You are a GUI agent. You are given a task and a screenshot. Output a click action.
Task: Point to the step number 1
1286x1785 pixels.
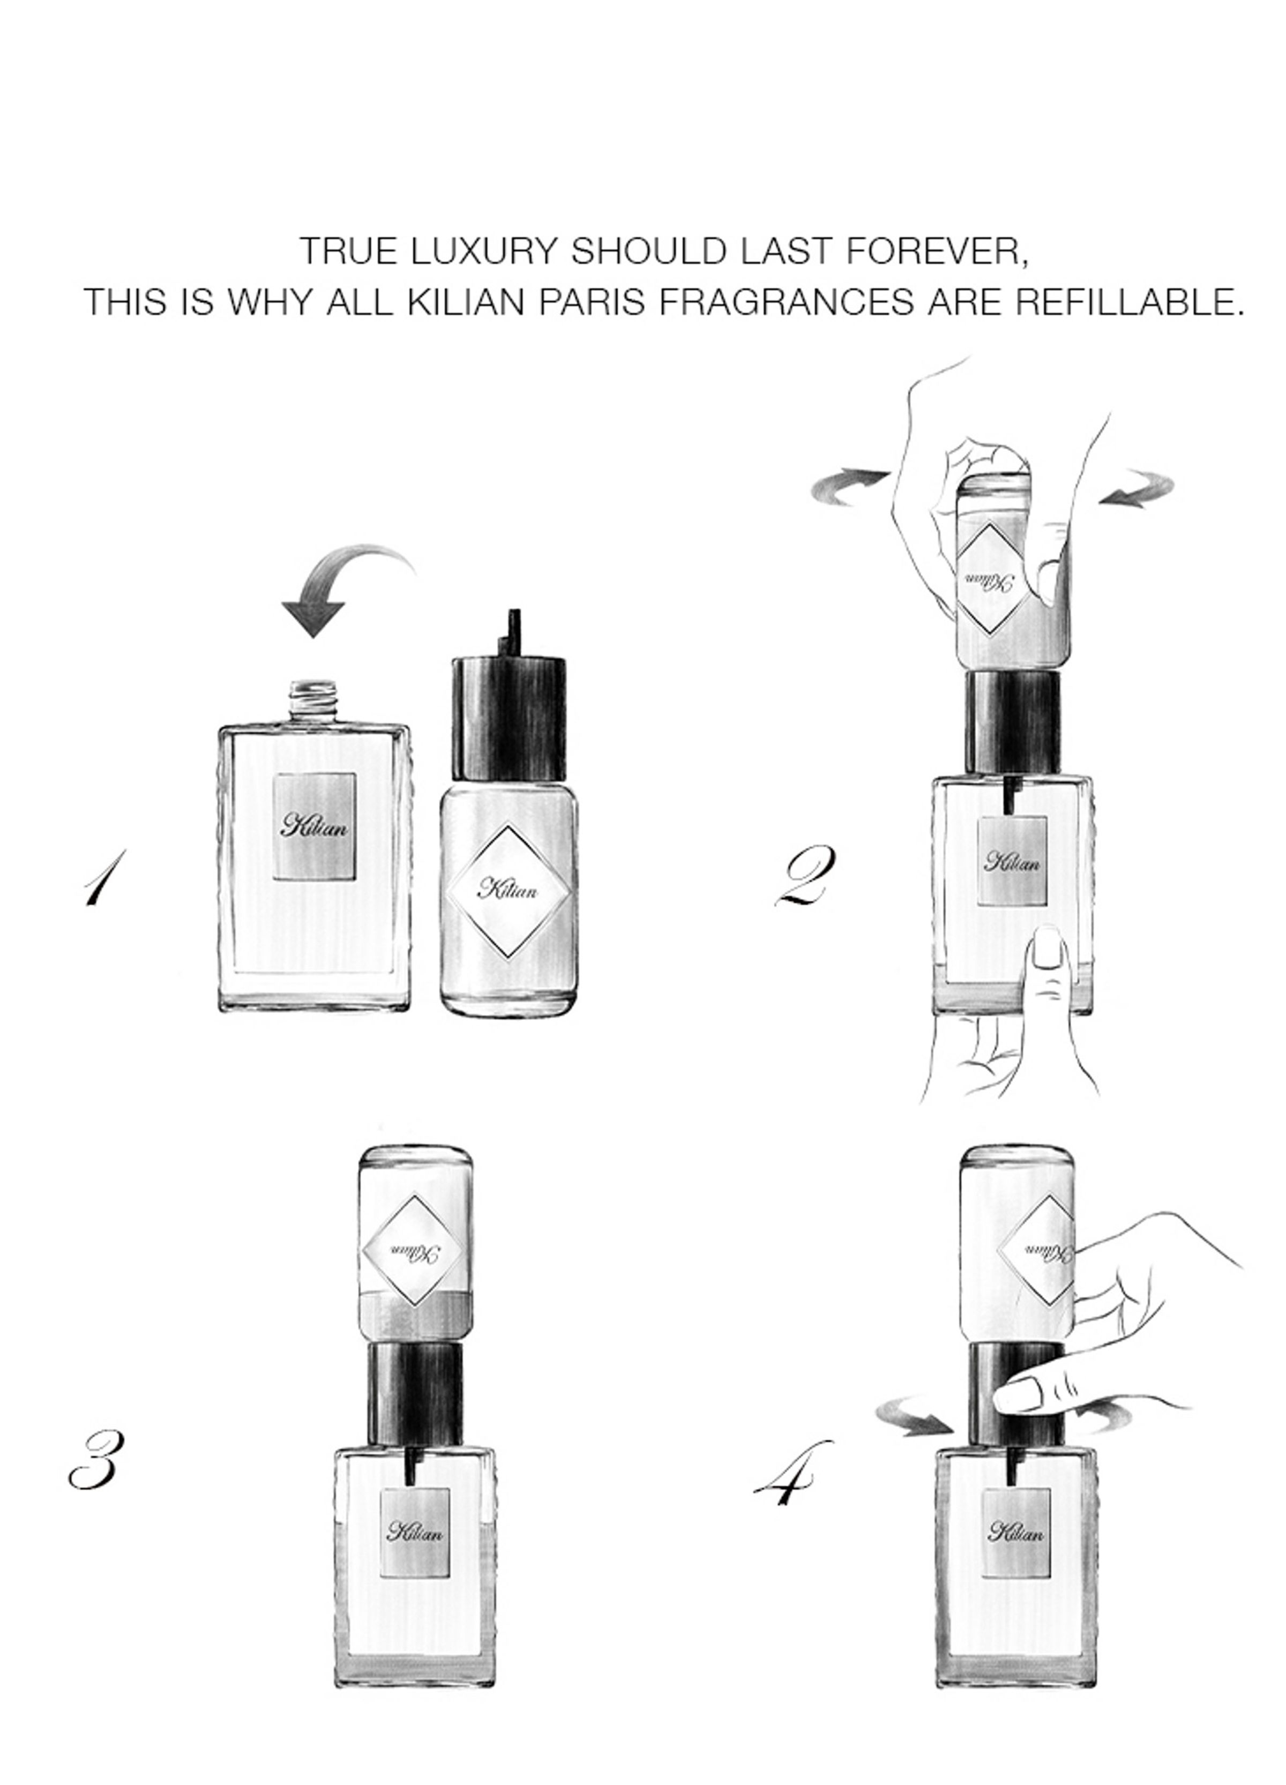coord(102,878)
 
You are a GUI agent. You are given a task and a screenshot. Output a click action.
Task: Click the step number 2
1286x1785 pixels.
coord(801,878)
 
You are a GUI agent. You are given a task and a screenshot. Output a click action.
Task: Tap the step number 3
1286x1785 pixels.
coord(94,1460)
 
